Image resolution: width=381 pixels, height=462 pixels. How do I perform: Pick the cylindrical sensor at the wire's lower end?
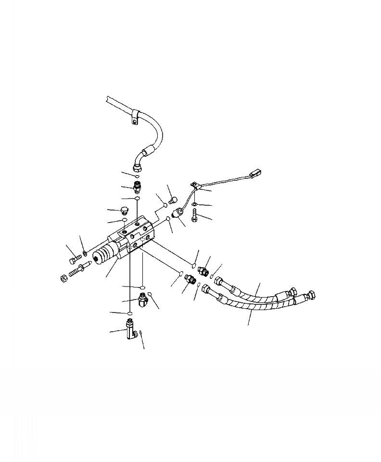182,212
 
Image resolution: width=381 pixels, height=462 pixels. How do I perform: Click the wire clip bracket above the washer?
194,186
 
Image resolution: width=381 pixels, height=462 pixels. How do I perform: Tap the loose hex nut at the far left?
63,278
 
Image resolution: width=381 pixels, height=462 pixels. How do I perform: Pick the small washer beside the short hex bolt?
85,253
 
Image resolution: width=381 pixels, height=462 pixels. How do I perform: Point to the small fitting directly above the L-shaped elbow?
143,300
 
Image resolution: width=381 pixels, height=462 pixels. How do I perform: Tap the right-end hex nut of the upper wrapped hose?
292,292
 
